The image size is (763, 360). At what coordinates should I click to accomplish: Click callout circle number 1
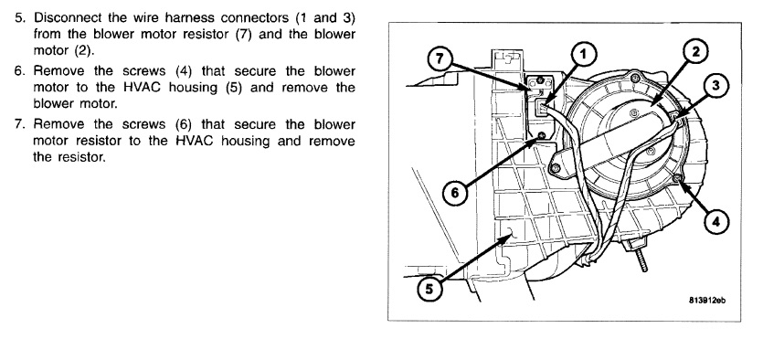coord(583,55)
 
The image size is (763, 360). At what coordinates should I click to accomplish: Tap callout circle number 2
coord(695,51)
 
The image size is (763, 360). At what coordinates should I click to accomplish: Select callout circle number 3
coord(715,86)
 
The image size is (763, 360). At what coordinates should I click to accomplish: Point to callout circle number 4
coord(715,222)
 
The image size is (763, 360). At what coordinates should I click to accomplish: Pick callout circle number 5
coord(429,290)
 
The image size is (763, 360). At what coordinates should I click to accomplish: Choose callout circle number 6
coord(454,193)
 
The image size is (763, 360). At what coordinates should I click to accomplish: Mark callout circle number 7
coord(440,58)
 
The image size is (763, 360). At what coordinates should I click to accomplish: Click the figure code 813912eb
coord(707,301)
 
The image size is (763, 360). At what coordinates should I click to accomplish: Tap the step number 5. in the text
coord(19,18)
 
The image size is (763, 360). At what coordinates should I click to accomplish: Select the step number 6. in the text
coord(19,71)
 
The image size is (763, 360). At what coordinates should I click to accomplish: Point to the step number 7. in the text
coord(19,124)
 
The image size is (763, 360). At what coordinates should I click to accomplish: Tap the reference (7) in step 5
coord(242,35)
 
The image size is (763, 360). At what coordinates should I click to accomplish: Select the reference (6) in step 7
coord(184,124)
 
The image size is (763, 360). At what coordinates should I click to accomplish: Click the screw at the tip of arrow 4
coord(677,179)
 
